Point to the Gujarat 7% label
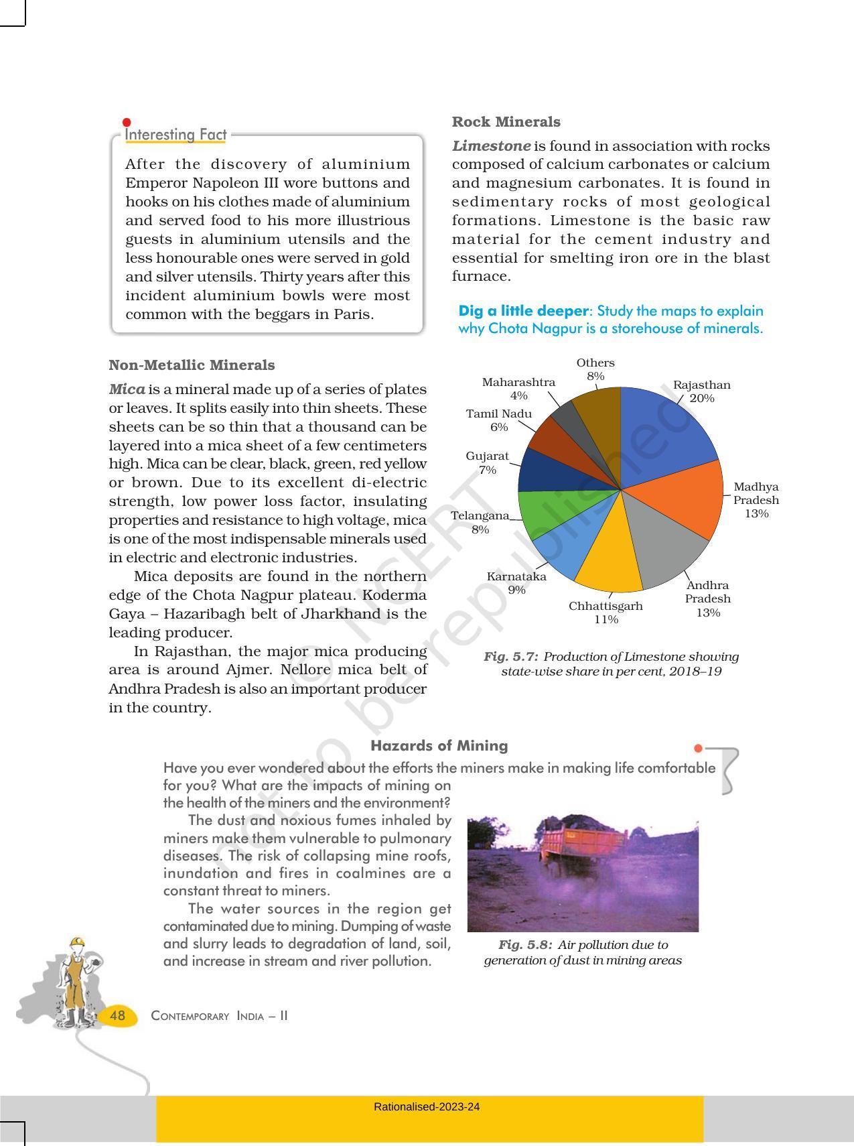pos(488,463)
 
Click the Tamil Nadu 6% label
pos(499,420)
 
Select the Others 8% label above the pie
pos(595,369)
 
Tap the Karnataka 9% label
pos(516,583)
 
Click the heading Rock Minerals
pos(506,122)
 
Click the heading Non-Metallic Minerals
pos(192,365)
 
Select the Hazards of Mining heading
pos(439,746)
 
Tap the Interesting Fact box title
pos(176,135)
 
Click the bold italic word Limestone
pos(491,146)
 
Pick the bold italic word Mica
pos(127,389)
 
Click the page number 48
pos(117,1015)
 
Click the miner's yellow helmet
pos(78,942)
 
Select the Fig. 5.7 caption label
pos(510,657)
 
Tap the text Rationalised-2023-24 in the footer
pos(427,1106)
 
